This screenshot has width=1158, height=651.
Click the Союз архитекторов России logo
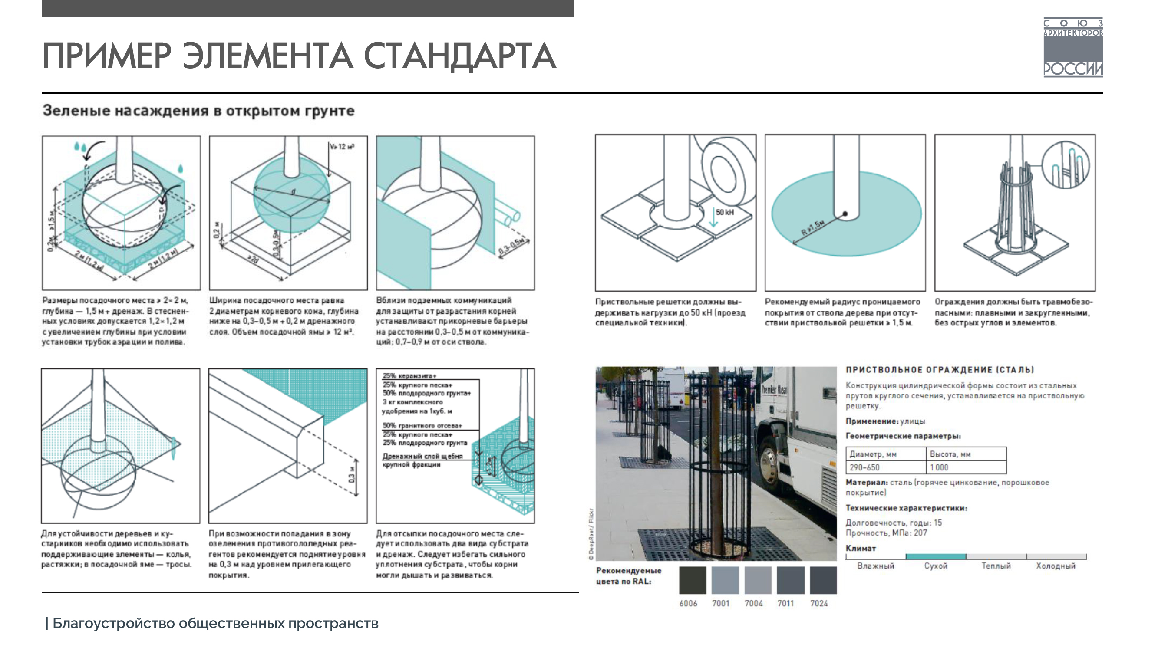tap(1072, 48)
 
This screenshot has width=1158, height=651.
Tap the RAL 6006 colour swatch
tap(692, 580)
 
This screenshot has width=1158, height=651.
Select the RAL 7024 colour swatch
tap(823, 580)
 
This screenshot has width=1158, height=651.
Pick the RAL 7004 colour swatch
tap(758, 580)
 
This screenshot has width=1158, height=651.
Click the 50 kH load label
tap(725, 212)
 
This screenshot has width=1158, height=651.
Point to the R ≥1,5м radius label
tap(813, 228)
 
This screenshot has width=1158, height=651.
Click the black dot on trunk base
tap(845, 214)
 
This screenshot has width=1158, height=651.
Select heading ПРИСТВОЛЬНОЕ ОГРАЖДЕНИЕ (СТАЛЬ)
tap(940, 370)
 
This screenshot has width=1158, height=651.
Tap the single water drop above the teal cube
tap(180, 168)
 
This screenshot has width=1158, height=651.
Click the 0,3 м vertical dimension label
tap(352, 475)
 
